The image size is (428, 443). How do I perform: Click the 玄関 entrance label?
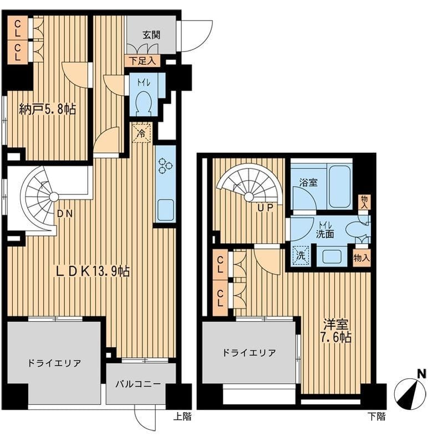(151, 35)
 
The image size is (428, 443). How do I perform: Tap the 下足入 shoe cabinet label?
(142, 61)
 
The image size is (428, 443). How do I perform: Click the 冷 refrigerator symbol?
(141, 133)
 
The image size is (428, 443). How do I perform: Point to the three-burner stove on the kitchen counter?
(165, 165)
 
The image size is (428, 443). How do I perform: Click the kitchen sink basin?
(165, 210)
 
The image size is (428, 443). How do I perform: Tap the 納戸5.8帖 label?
(48, 109)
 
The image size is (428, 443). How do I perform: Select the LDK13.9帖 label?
(93, 271)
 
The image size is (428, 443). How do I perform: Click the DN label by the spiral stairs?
(65, 214)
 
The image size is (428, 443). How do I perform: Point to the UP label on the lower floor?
(265, 208)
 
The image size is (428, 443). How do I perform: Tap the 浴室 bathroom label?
(308, 182)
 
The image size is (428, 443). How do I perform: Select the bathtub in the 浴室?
(339, 185)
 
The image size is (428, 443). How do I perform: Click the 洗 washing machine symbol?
(300, 256)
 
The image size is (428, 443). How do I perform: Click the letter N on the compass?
(422, 374)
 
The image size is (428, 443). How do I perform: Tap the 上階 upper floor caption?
(182, 416)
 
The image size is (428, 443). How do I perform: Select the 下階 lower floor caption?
(376, 416)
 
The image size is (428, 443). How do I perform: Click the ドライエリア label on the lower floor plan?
(249, 353)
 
